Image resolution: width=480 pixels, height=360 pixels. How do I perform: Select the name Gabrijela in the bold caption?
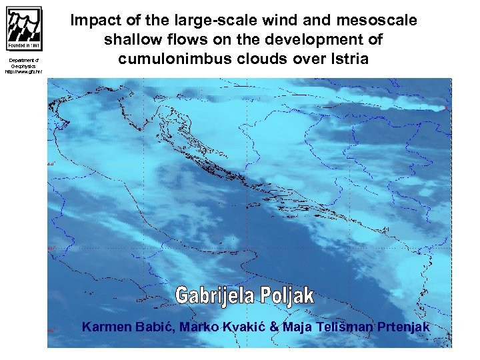click(219, 295)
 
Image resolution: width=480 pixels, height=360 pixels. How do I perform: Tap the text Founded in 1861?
click(24, 46)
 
